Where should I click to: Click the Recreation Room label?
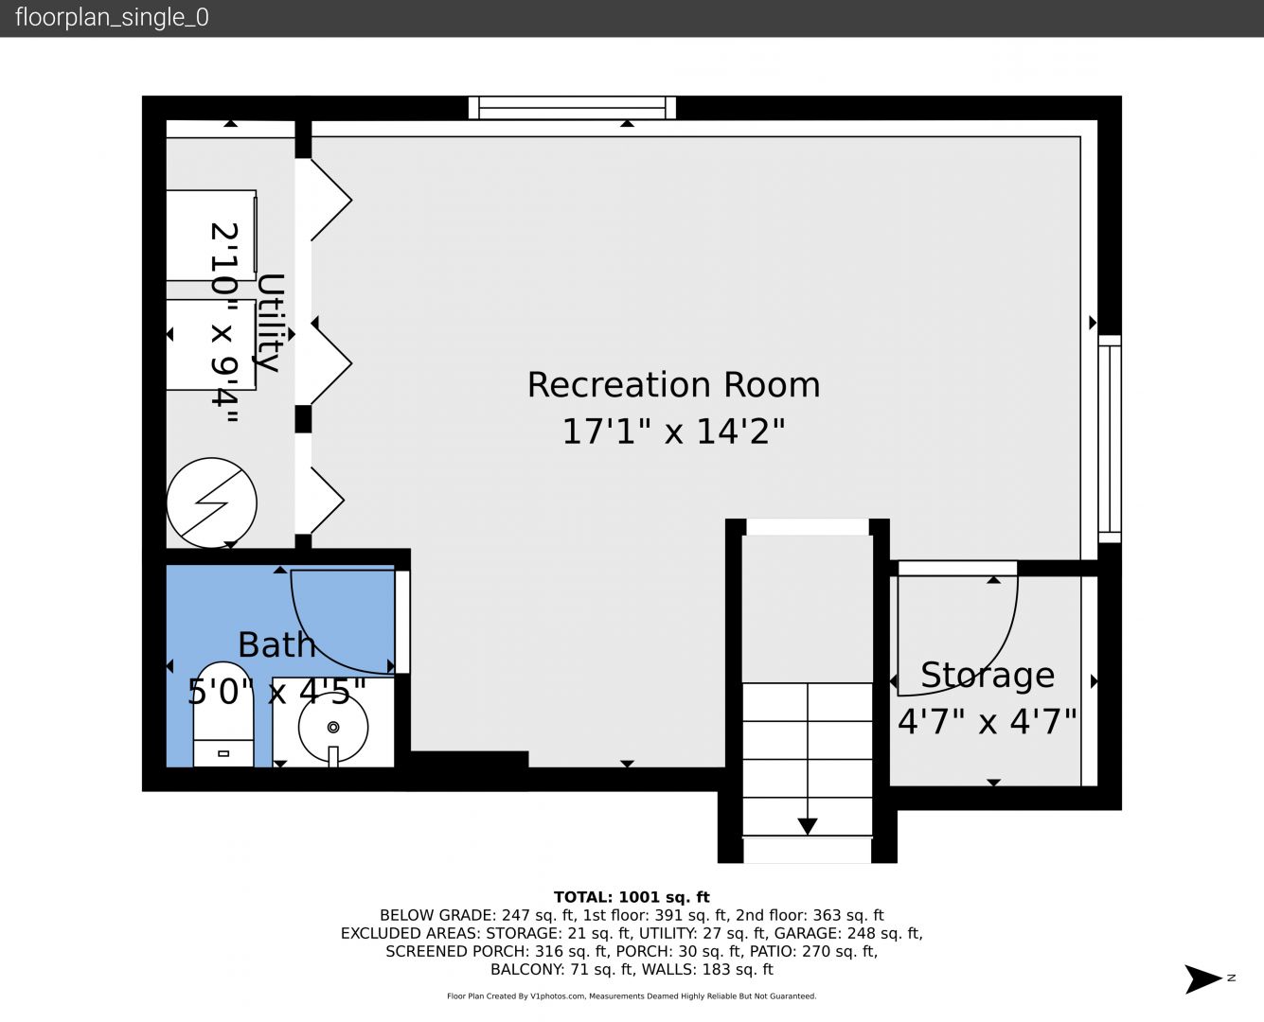point(673,385)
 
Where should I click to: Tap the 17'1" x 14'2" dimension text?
point(673,432)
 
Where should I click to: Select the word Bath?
point(276,644)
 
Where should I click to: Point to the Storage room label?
point(988,675)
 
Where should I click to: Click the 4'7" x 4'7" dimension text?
point(987,722)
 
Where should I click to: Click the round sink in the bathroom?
point(333,727)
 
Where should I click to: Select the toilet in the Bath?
point(223,714)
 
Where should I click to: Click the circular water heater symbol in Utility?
point(212,503)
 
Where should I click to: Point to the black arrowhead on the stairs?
point(807,826)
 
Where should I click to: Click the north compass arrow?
point(1202,978)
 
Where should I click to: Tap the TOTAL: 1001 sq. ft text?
point(632,897)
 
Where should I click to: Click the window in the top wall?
point(572,108)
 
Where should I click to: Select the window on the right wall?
point(1109,439)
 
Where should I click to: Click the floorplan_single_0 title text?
point(112,18)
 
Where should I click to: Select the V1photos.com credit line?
point(632,996)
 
